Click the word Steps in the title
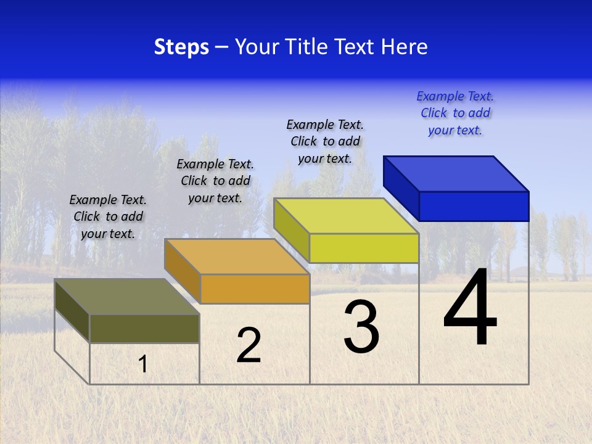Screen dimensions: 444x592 pyautogui.click(x=181, y=47)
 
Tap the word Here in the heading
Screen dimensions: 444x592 pyautogui.click(x=405, y=47)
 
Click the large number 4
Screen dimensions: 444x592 pyautogui.click(x=470, y=308)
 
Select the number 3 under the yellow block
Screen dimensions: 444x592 pyautogui.click(x=361, y=327)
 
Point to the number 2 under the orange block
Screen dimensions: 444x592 pyautogui.click(x=249, y=345)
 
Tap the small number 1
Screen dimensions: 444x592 pyautogui.click(x=143, y=364)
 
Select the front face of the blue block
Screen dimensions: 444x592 pyautogui.click(x=474, y=206)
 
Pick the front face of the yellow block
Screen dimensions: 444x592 pyautogui.click(x=364, y=248)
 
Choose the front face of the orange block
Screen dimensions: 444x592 pyautogui.click(x=255, y=289)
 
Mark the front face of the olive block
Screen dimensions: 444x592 pyautogui.click(x=144, y=328)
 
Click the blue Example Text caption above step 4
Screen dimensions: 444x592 pyautogui.click(x=455, y=113)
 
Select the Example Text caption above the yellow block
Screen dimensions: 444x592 pyautogui.click(x=325, y=141)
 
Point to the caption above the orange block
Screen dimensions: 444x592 pyautogui.click(x=215, y=181)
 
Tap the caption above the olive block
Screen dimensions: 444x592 pyautogui.click(x=108, y=216)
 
